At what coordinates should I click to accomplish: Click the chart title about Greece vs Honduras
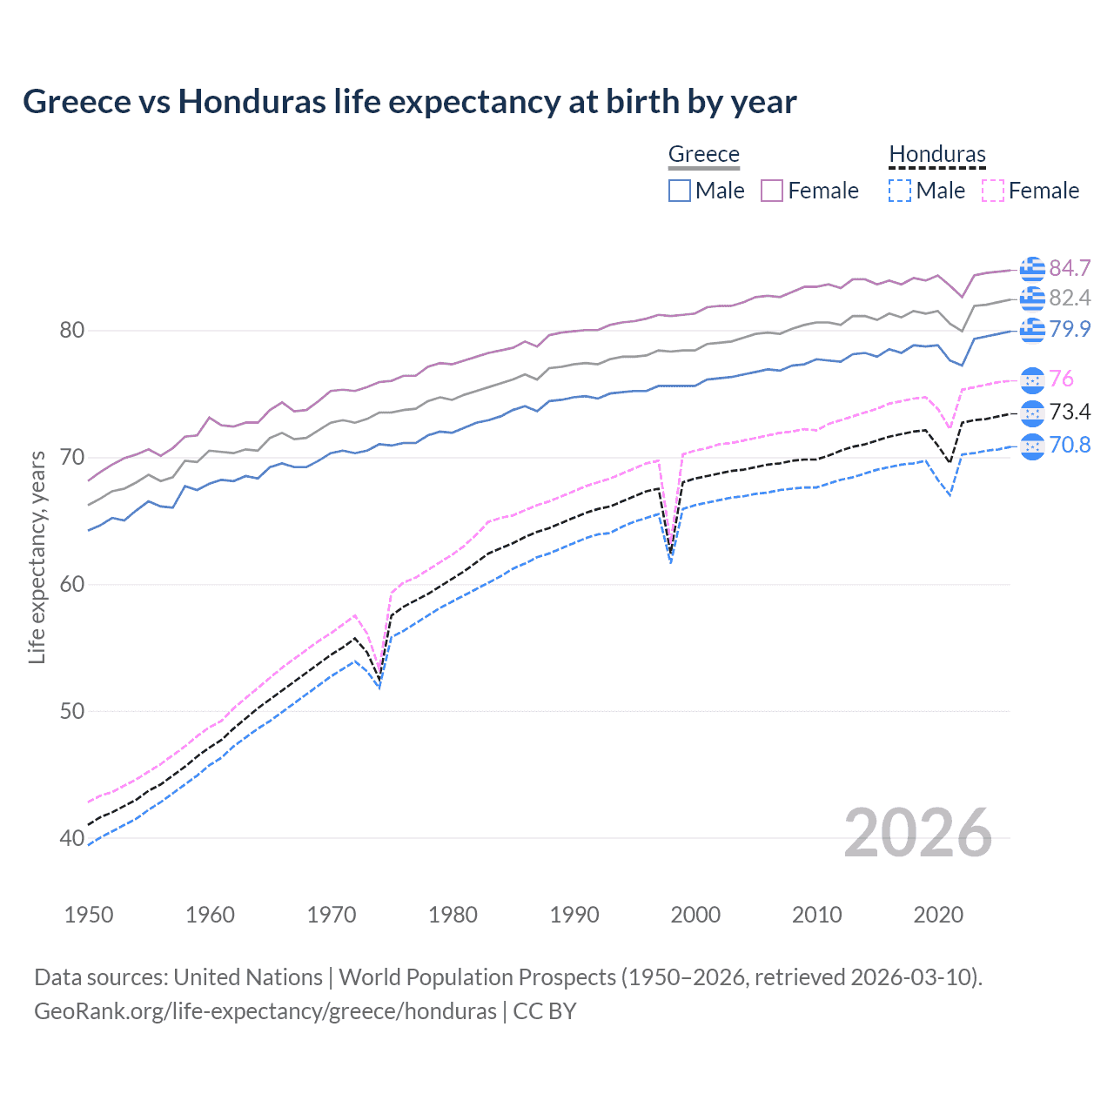[409, 102]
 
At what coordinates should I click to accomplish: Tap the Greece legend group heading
[703, 154]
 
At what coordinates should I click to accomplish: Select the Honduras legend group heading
[936, 154]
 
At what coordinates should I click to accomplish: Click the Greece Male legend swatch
[680, 191]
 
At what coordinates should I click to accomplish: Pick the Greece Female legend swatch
[772, 191]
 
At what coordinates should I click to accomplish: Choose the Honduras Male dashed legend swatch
[900, 191]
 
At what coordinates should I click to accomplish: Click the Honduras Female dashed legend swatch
[992, 191]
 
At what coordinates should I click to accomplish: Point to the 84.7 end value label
[1070, 268]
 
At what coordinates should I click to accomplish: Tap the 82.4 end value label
[1070, 299]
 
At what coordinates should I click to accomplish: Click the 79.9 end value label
[1070, 329]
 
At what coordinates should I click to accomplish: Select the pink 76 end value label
[1061, 379]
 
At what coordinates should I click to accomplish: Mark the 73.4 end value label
[1070, 412]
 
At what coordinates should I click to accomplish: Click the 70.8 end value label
[1070, 446]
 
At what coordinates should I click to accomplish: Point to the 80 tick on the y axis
[72, 331]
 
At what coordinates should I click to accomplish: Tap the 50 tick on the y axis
[72, 711]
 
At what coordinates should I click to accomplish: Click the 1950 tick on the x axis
[89, 915]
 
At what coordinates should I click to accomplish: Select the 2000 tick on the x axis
[695, 915]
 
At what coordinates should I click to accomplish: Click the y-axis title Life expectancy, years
[37, 557]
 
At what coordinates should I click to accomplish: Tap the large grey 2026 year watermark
[917, 833]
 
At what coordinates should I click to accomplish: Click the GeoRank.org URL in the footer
[265, 1011]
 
